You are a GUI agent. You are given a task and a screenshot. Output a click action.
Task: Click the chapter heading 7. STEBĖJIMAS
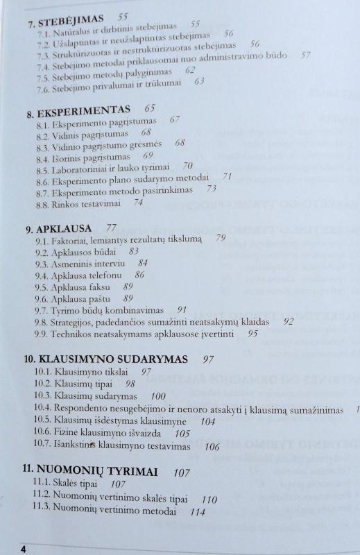pyautogui.click(x=66, y=18)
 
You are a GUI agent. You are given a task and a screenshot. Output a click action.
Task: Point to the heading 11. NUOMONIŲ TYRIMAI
pyautogui.click(x=89, y=472)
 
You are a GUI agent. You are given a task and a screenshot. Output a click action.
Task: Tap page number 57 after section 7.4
pyautogui.click(x=305, y=55)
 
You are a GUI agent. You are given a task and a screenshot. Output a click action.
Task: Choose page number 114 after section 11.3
pyautogui.click(x=198, y=513)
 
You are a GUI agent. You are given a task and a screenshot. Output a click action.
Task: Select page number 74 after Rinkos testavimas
pyautogui.click(x=138, y=203)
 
